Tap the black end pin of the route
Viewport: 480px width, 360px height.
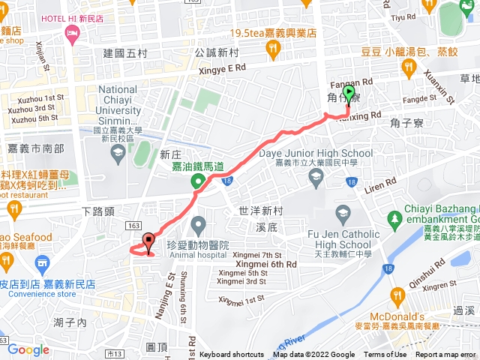point(148,241)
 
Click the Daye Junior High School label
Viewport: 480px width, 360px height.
point(315,154)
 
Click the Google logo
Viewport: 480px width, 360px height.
point(28,349)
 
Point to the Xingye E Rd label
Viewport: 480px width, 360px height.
point(221,67)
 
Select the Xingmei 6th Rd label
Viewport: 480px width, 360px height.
point(267,264)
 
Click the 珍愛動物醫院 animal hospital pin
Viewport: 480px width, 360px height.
point(199,223)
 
